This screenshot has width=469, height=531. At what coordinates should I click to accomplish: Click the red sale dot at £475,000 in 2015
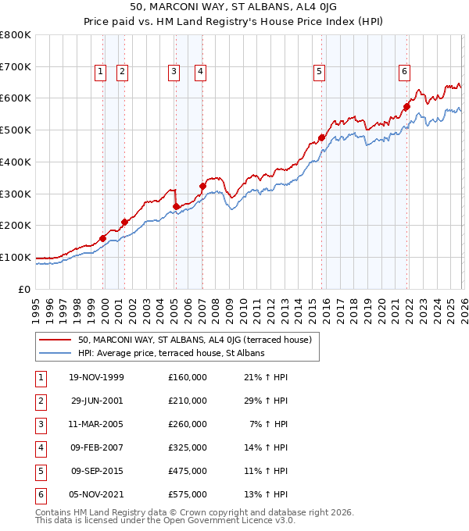[x=321, y=138]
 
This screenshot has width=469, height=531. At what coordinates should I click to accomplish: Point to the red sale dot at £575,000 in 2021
[x=406, y=106]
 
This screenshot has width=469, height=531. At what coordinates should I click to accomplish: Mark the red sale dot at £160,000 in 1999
[x=103, y=238]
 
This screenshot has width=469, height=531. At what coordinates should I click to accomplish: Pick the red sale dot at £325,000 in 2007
[x=202, y=186]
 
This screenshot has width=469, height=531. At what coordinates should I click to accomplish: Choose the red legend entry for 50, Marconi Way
[x=195, y=340]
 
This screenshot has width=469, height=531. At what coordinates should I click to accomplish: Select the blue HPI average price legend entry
[x=171, y=353]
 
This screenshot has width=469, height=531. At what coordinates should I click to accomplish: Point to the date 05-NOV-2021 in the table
[x=97, y=494]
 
